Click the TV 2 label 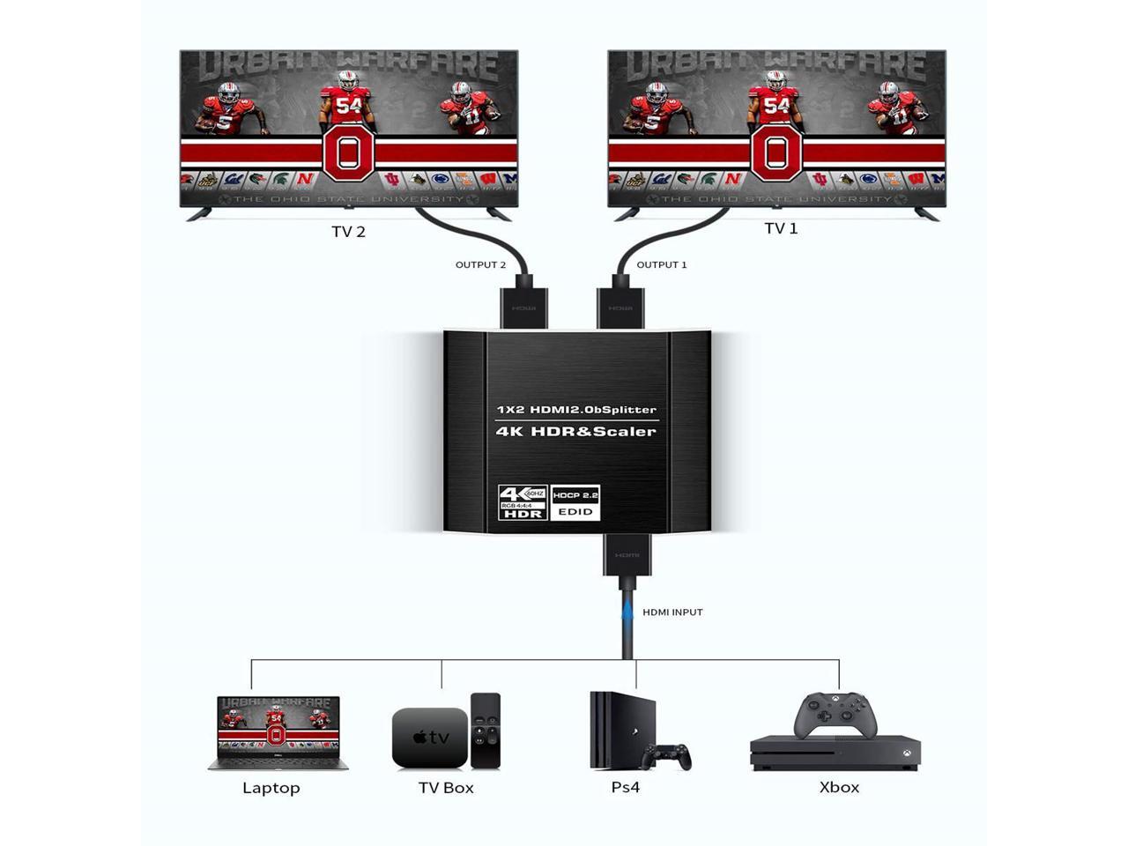point(348,232)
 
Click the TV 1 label point(781,228)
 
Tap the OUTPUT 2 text point(480,264)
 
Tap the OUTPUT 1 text point(661,264)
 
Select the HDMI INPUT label point(672,612)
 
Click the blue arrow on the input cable point(627,611)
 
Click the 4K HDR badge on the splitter point(523,501)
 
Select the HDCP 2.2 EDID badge point(575,502)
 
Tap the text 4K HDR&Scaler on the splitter point(576,431)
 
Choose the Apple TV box point(429,737)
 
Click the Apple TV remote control point(486,730)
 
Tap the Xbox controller point(835,716)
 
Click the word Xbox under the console point(839,787)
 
